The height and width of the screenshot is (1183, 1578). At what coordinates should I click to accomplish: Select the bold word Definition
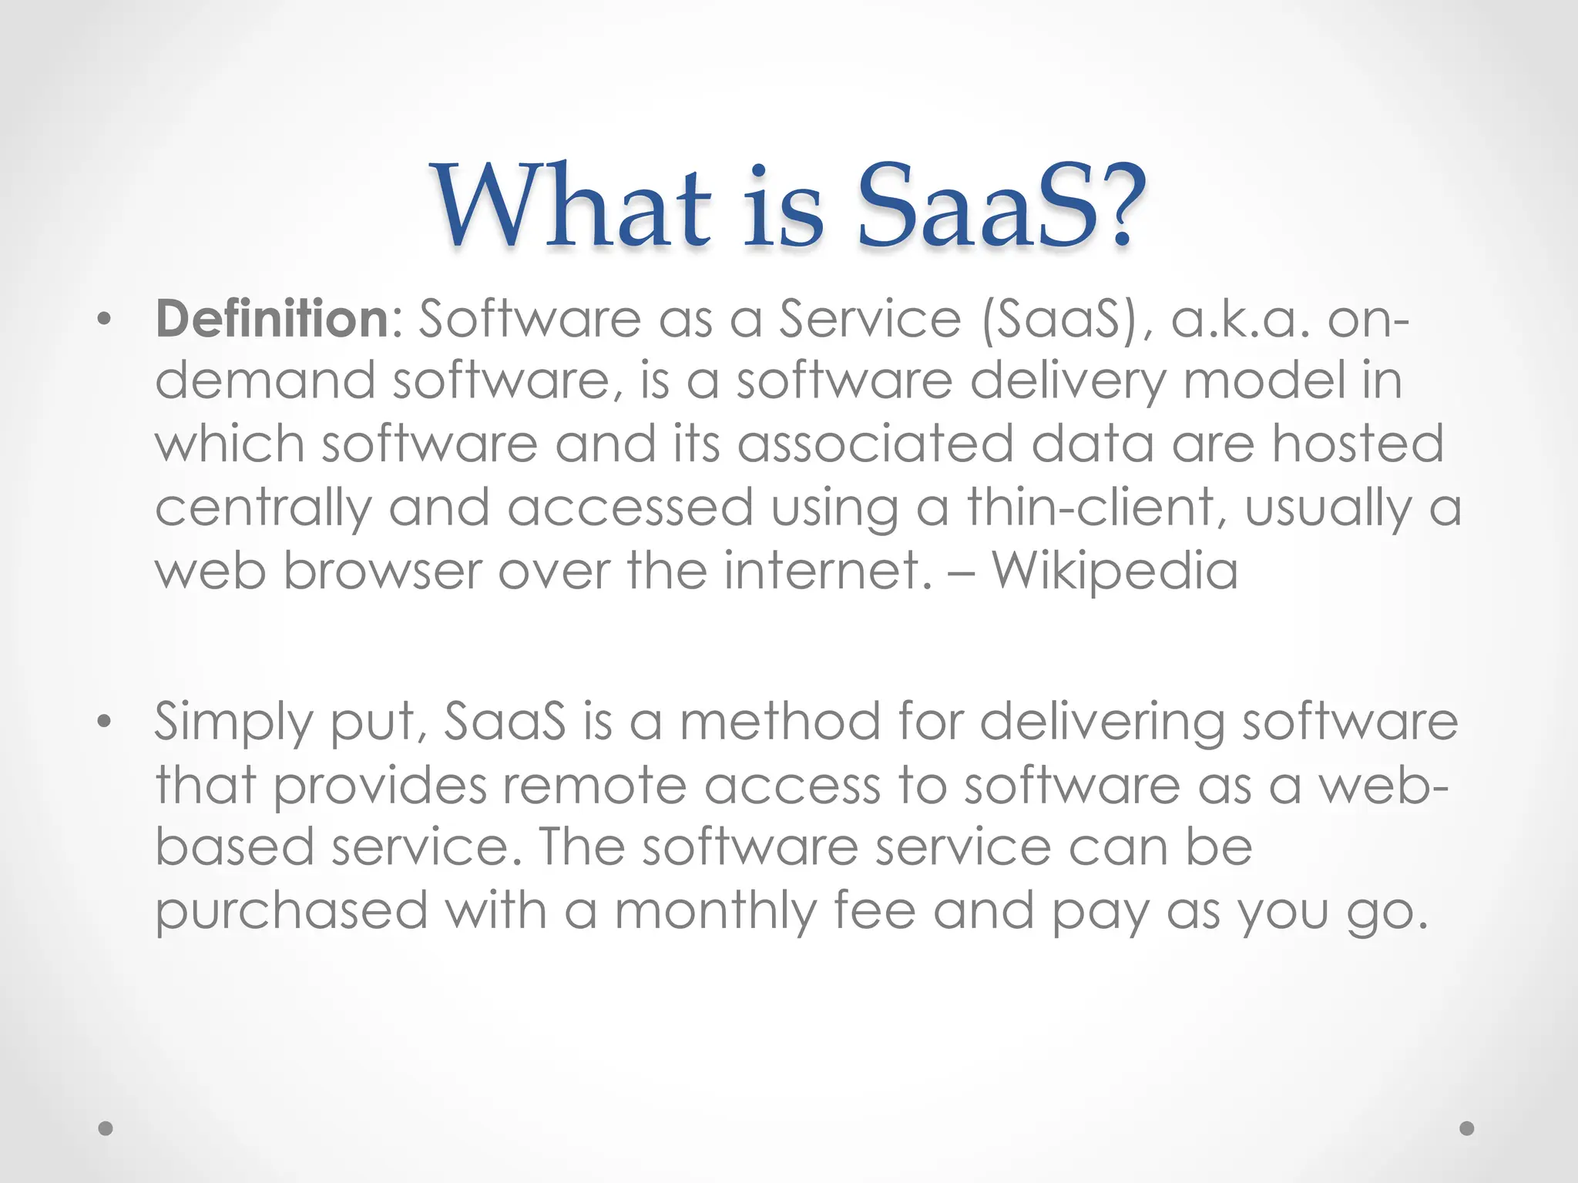point(272,318)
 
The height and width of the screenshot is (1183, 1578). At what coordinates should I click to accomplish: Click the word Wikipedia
point(1114,571)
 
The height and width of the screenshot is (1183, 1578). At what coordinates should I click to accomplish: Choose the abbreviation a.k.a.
point(1240,320)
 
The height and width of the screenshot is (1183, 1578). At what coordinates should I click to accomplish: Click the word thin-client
point(1091,508)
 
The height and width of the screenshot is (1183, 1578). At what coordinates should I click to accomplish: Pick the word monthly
point(714,912)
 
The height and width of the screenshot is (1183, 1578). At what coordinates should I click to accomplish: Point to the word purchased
point(291,912)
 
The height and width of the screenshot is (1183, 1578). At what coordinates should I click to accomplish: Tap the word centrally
point(263,509)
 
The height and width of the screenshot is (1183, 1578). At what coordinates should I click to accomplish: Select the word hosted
point(1358,444)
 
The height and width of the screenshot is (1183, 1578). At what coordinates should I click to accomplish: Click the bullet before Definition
point(105,320)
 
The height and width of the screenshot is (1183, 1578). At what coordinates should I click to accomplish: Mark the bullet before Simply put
point(105,722)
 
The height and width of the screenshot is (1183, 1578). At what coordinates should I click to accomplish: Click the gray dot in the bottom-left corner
point(106,1128)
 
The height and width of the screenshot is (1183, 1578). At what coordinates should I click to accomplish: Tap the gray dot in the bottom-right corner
point(1467,1128)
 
